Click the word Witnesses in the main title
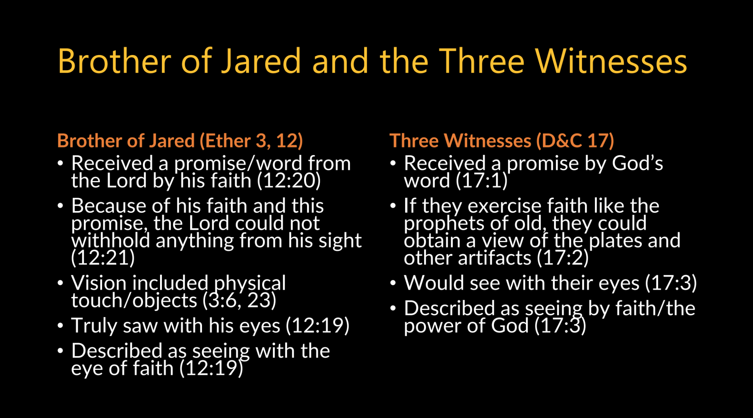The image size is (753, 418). pyautogui.click(x=611, y=61)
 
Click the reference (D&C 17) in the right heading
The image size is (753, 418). pyautogui.click(x=575, y=140)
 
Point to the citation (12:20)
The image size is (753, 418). pyautogui.click(x=289, y=181)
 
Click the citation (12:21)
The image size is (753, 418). pyautogui.click(x=103, y=258)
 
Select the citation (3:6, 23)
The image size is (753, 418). pyautogui.click(x=239, y=300)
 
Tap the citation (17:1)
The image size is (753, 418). pyautogui.click(x=482, y=181)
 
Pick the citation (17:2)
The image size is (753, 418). pyautogui.click(x=563, y=258)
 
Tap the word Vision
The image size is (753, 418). pyautogui.click(x=99, y=283)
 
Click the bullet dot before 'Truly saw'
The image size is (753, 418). pyautogui.click(x=60, y=326)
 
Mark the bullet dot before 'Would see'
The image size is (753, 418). pyautogui.click(x=393, y=283)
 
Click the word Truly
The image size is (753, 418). pyautogui.click(x=94, y=326)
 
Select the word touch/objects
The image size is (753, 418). pyautogui.click(x=134, y=300)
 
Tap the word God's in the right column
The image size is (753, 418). pyautogui.click(x=638, y=163)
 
